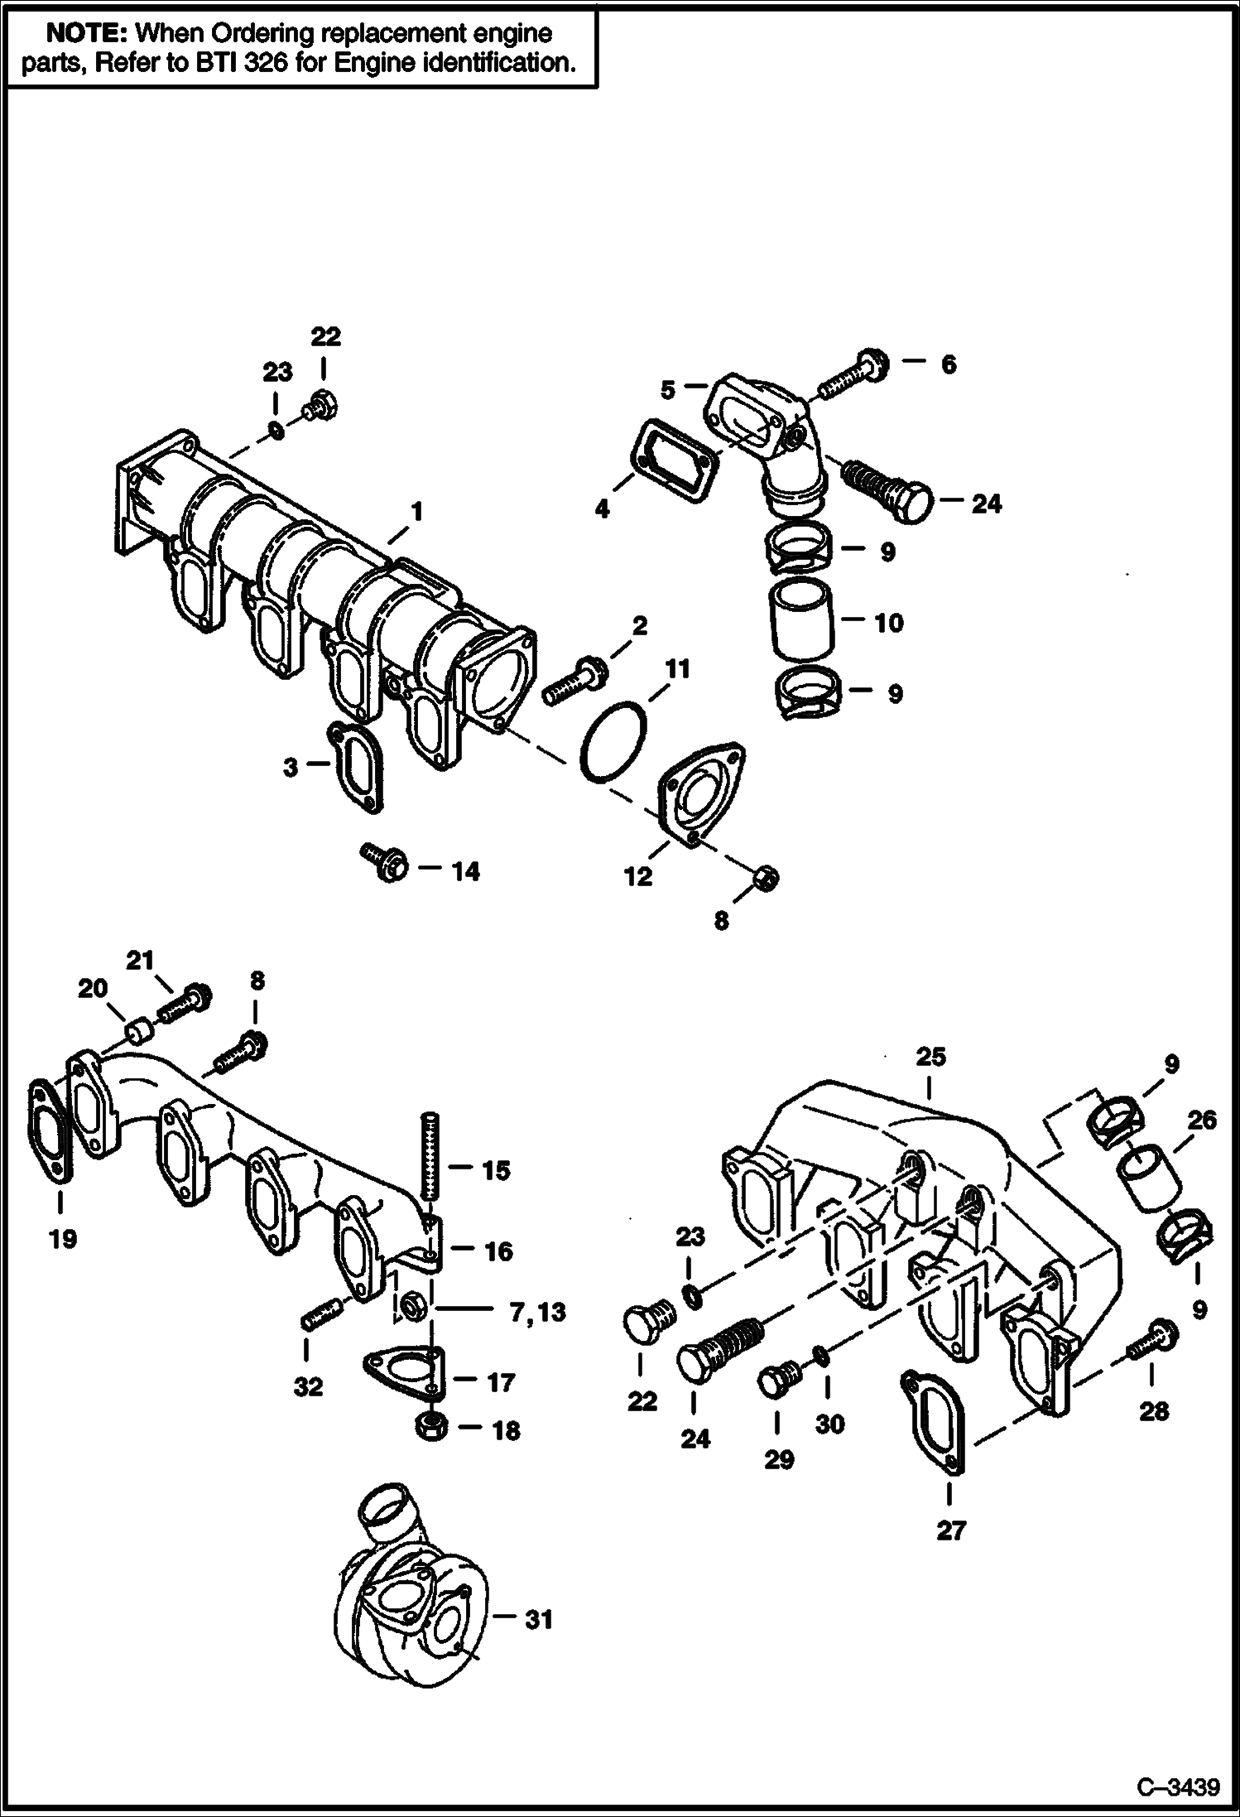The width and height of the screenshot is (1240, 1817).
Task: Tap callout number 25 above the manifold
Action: [930, 1058]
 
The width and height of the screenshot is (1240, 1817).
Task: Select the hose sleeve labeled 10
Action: [802, 620]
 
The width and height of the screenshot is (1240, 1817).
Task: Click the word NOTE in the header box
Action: [88, 34]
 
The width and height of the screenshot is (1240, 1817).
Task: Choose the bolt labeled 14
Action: [383, 862]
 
